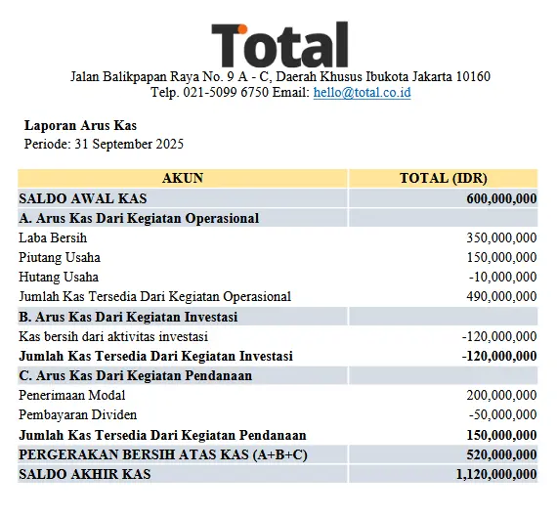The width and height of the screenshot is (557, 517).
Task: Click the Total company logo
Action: point(279,43)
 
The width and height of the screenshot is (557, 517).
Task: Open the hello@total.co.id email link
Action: point(362,93)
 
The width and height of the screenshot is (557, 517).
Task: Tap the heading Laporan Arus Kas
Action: point(80,125)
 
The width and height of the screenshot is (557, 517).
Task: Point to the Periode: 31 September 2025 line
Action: point(104,144)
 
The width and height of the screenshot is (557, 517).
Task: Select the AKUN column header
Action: point(183,178)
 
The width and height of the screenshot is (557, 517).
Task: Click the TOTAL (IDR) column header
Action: point(444,178)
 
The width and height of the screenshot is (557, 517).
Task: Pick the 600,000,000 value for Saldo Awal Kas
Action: point(501,198)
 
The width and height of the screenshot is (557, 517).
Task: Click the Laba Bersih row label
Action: point(53,237)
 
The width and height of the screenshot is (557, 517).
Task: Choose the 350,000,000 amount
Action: point(501,237)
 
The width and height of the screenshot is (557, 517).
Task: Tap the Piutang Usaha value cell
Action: point(501,257)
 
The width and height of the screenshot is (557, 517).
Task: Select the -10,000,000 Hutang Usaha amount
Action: point(504,277)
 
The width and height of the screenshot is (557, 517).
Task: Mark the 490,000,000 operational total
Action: point(501,296)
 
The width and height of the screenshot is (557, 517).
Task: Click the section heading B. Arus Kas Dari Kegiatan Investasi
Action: point(129,317)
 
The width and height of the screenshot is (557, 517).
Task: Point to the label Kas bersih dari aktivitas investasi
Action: point(116,336)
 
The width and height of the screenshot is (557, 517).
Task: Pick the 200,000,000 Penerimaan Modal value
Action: point(501,396)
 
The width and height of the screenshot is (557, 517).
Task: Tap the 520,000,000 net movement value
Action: point(501,454)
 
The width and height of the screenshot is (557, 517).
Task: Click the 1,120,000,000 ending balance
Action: point(495,474)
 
